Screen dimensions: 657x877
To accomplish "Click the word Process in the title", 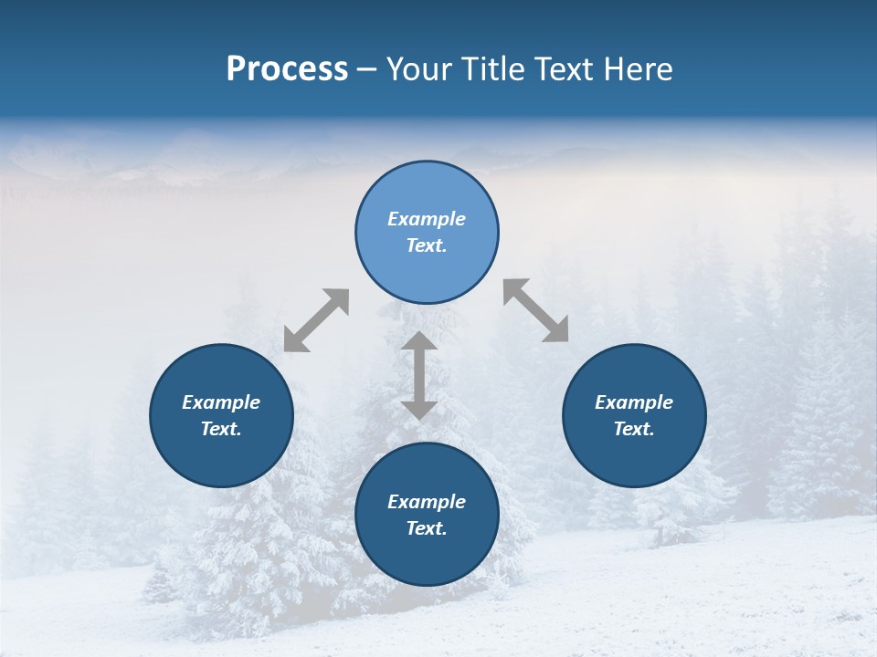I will [x=287, y=69].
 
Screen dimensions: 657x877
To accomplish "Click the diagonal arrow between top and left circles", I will [x=316, y=320].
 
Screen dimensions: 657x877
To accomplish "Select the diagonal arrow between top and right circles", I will [x=536, y=310].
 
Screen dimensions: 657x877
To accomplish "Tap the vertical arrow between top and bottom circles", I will [x=419, y=375].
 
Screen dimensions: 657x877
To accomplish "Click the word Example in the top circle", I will [x=427, y=219].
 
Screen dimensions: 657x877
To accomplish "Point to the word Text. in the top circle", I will [x=427, y=245].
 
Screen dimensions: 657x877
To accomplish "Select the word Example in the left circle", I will [x=221, y=402].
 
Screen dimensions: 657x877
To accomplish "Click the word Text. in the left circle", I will [x=221, y=429].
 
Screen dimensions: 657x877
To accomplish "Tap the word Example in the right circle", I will [x=634, y=402].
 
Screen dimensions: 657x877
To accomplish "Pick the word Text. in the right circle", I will [x=634, y=429].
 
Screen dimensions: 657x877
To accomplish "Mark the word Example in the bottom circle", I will [x=427, y=502].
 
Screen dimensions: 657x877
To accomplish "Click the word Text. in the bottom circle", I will [x=427, y=528].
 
